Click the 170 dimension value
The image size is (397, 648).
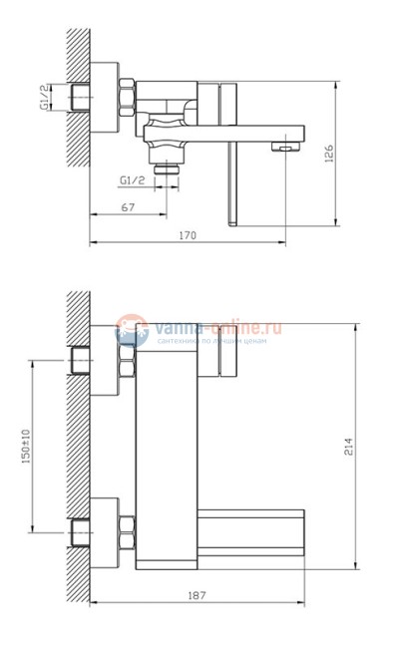(187, 235)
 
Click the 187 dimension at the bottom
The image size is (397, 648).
(197, 595)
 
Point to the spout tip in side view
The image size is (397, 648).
(286, 147)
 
